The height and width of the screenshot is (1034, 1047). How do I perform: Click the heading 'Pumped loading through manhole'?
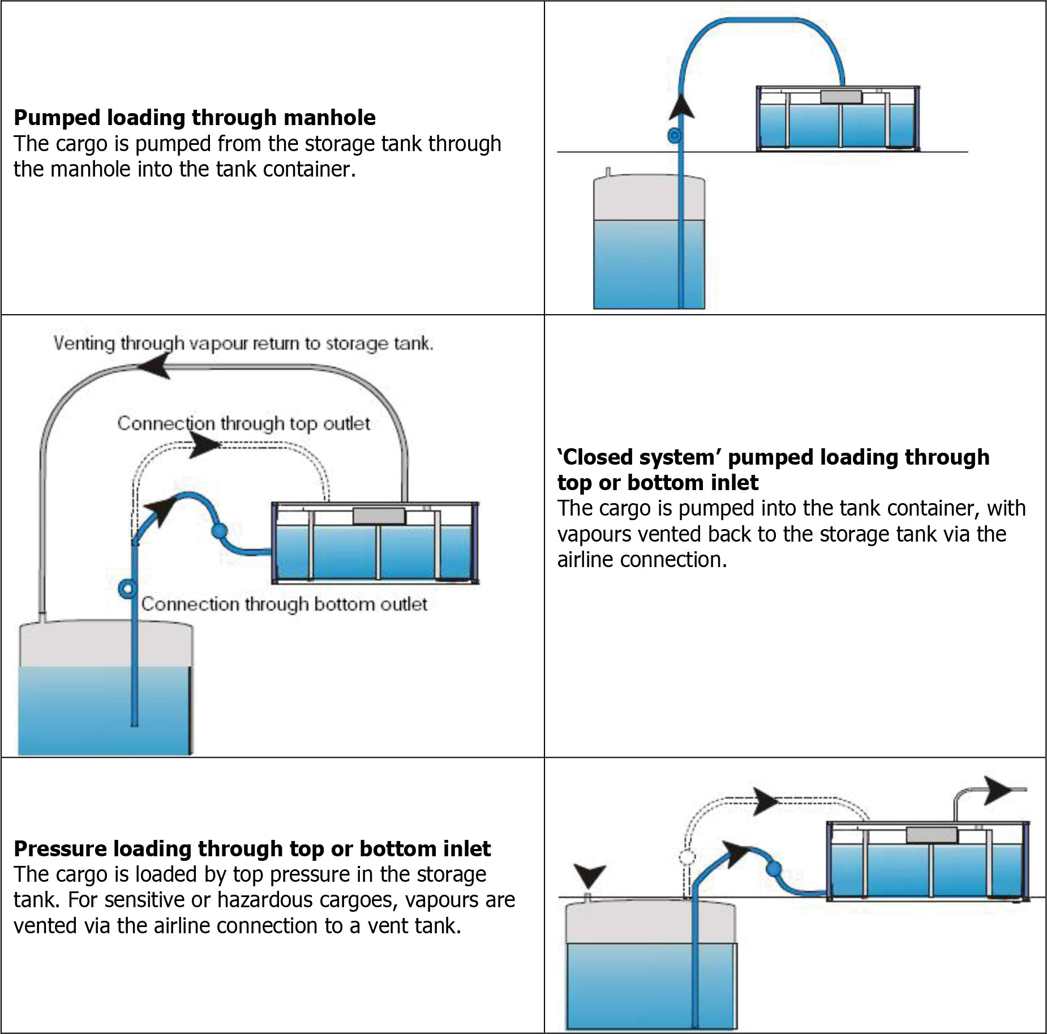click(x=194, y=118)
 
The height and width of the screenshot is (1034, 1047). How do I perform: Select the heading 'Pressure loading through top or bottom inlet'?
click(x=252, y=848)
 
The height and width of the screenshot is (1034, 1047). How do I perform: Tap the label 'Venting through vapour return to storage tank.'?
click(x=243, y=344)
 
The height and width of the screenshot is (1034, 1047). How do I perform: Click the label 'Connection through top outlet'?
click(x=243, y=423)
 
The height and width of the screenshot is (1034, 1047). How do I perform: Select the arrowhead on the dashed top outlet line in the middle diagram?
click(x=204, y=445)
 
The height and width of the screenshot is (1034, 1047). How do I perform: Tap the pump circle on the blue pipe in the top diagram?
click(x=674, y=136)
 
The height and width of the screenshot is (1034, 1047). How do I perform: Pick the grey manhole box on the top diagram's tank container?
click(x=840, y=97)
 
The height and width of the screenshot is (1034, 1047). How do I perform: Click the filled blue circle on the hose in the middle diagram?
click(x=218, y=531)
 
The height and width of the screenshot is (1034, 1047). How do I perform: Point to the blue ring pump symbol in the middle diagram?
click(x=127, y=589)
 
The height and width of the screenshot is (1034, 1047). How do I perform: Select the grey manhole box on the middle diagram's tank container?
click(x=379, y=516)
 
